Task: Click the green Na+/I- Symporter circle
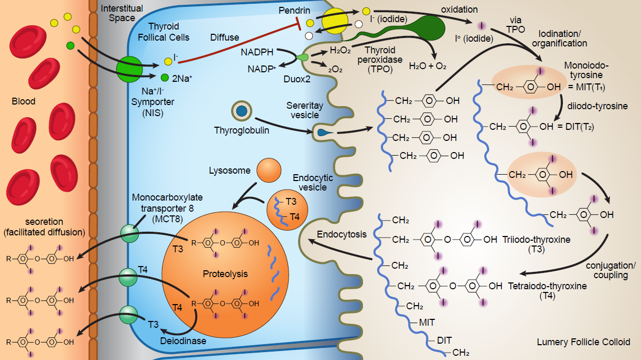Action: (x=129, y=69)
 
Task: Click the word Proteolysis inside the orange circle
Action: (x=225, y=274)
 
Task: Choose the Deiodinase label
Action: (x=183, y=341)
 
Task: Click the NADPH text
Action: (x=257, y=52)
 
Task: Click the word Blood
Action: (x=24, y=101)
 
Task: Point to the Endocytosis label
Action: (x=341, y=234)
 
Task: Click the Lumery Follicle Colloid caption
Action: (x=583, y=342)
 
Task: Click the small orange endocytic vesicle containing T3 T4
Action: (x=285, y=210)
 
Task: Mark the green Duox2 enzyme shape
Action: (x=302, y=56)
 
